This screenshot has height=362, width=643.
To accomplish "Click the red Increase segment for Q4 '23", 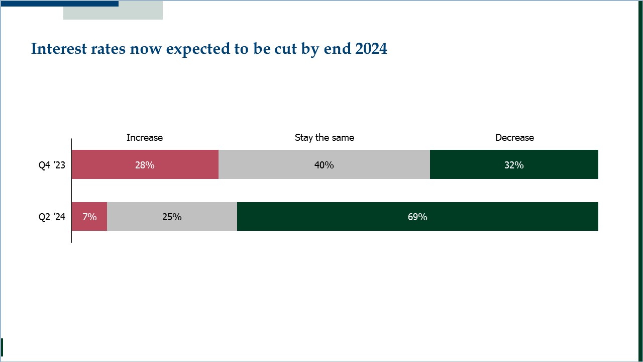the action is point(145,164).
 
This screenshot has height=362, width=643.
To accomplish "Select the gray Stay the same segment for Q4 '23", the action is point(324,164).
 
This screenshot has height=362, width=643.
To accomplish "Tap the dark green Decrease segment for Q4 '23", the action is point(514,164).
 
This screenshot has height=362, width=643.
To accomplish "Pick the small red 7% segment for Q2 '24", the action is point(89,216).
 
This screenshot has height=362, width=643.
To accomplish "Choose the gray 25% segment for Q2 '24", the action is point(172,216).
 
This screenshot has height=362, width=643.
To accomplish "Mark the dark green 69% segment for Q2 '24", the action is point(417,216).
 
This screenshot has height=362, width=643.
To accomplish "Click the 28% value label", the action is point(145,165).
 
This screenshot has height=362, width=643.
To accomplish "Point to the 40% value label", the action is point(324,165).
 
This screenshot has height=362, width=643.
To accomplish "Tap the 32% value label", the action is point(514,165).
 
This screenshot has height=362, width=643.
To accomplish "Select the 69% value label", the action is point(417,217).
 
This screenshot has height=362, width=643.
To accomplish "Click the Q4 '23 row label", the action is point(52,165).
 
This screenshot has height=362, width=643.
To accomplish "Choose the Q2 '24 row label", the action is point(52,217).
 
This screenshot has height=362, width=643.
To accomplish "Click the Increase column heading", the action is point(145,138).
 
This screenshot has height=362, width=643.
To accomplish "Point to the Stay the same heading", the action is point(325,138).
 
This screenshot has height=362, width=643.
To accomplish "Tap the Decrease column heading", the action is point(515,138).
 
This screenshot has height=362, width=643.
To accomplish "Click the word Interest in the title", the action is point(59,49).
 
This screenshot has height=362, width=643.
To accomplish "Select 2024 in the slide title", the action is point(371,48).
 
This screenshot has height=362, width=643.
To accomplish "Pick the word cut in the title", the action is point(286,49).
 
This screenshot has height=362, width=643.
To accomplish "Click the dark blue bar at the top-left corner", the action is point(59,4).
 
